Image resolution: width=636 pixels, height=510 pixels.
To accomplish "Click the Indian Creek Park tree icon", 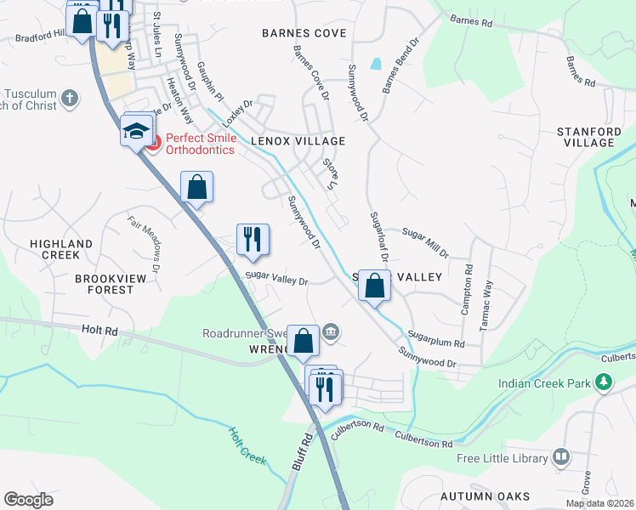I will tap(604, 383).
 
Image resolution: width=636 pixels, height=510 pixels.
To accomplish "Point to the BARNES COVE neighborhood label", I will tap(304, 33).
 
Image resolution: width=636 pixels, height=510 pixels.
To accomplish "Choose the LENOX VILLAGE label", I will tap(298, 140).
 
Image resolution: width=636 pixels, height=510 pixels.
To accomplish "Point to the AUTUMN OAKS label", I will tap(486, 496).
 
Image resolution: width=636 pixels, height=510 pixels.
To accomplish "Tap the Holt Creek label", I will tap(247, 445).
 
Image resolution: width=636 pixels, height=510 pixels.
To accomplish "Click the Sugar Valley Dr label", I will tap(276, 278).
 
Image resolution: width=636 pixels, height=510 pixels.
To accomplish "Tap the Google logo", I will tap(28, 499).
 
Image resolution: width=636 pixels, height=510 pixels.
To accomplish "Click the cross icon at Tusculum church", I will tap(70, 99).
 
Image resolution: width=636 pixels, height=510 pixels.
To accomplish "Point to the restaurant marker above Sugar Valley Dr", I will tap(253, 240).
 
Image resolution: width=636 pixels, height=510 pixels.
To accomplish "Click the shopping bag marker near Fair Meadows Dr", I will tap(196, 187).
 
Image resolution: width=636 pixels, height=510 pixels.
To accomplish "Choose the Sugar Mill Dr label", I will tap(425, 242).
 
